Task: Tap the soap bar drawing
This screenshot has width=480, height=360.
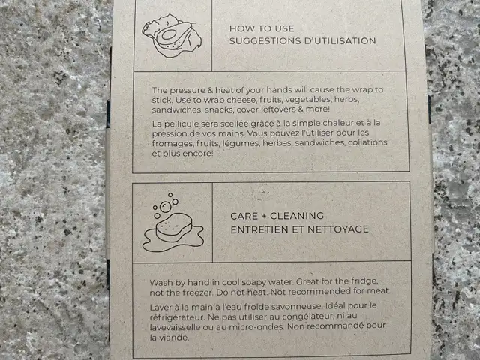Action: coord(174,226)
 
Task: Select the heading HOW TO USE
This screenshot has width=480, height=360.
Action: coord(262,28)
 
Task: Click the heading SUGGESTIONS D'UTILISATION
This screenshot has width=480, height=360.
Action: coord(302,41)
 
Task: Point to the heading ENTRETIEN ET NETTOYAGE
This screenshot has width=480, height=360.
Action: coord(300,229)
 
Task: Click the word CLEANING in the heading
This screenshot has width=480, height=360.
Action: coord(297,216)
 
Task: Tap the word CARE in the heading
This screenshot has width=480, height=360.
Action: coord(244,216)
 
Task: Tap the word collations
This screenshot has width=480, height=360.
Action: coord(367,142)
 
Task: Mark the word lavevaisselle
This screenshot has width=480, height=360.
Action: coord(174,327)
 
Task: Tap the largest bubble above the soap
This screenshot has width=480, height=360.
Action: coord(165,207)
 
